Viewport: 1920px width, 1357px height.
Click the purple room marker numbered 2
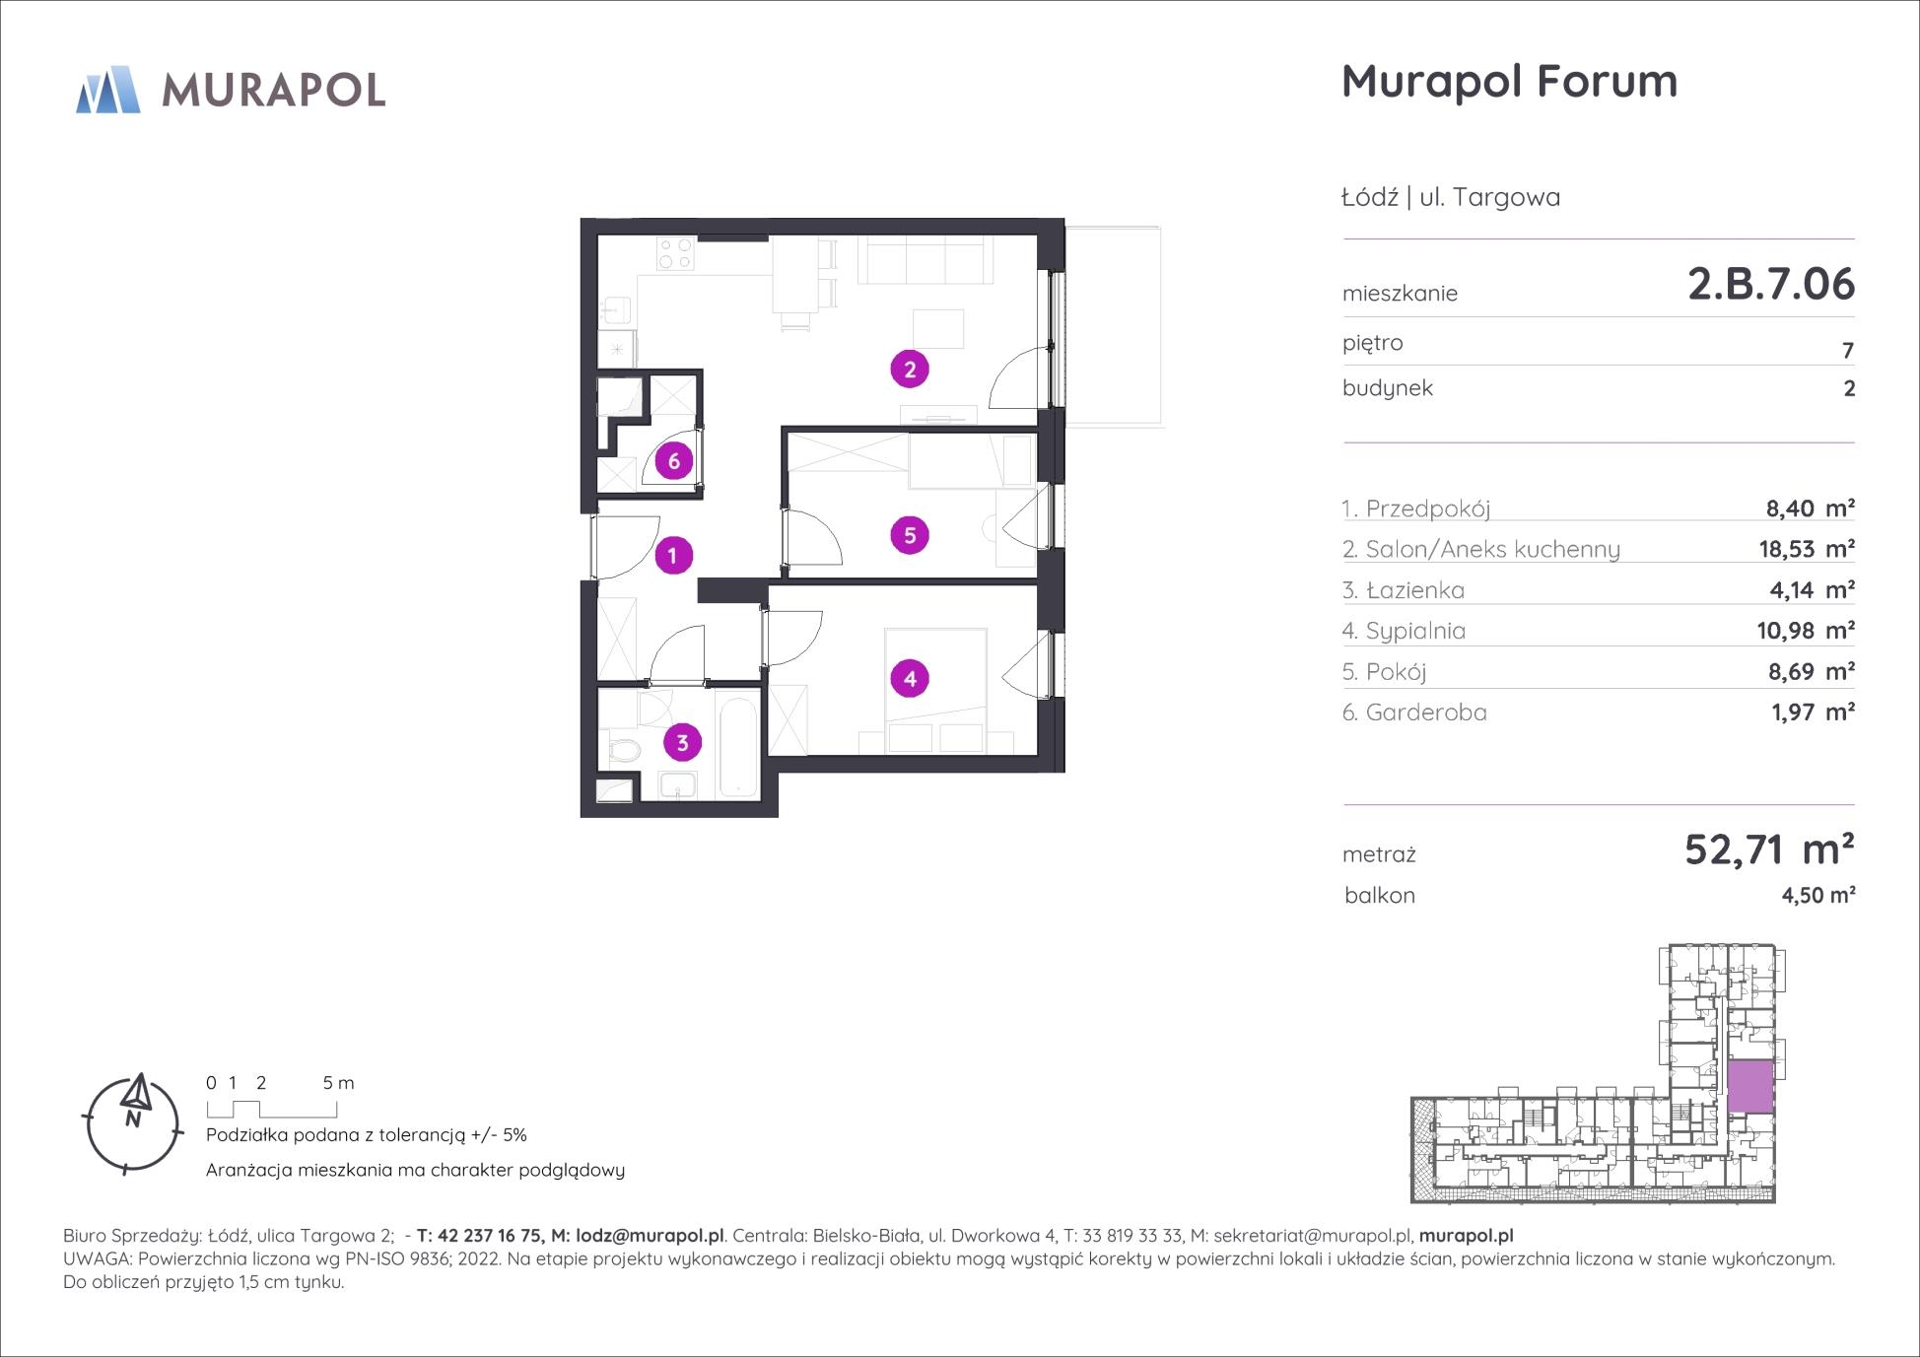pyautogui.click(x=910, y=370)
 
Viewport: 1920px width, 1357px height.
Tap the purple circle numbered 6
pyautogui.click(x=674, y=460)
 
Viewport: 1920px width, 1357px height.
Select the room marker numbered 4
pyautogui.click(x=910, y=678)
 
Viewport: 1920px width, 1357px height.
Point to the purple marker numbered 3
pyautogui.click(x=682, y=742)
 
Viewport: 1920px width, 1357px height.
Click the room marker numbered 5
pyautogui.click(x=910, y=535)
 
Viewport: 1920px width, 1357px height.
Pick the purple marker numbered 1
pyautogui.click(x=673, y=556)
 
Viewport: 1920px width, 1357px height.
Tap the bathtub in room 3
pyautogui.click(x=739, y=747)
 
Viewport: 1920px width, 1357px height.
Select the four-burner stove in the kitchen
pyautogui.click(x=675, y=254)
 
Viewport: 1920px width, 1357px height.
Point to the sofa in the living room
pyautogui.click(x=925, y=260)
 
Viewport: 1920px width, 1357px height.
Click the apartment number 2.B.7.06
pyautogui.click(x=1771, y=284)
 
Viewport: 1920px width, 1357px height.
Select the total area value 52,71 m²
pyautogui.click(x=1769, y=848)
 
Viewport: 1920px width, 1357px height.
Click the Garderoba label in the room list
pyautogui.click(x=1426, y=712)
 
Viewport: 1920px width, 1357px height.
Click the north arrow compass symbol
pyautogui.click(x=133, y=1122)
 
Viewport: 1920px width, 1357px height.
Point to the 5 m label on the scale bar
pyautogui.click(x=338, y=1082)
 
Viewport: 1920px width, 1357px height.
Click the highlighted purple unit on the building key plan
pyautogui.click(x=1750, y=1087)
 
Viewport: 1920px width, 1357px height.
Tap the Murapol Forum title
pyautogui.click(x=1509, y=81)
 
